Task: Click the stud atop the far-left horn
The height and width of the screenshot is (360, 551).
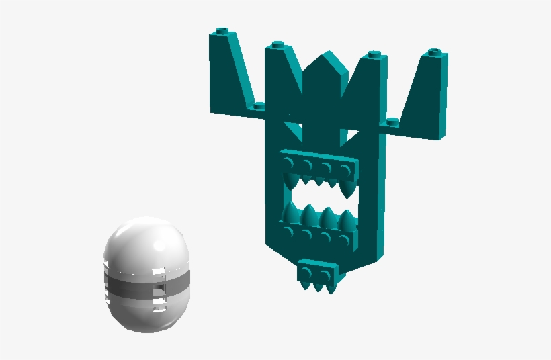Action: pyautogui.click(x=224, y=32)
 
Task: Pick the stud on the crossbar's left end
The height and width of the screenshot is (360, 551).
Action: pyautogui.click(x=257, y=106)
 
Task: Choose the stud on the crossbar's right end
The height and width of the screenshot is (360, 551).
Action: pyautogui.click(x=392, y=122)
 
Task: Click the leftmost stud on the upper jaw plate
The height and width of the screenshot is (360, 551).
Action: pyautogui.click(x=290, y=162)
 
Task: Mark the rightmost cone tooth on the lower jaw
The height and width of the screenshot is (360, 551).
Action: pyautogui.click(x=348, y=221)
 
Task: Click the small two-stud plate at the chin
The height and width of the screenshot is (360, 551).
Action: pyautogui.click(x=317, y=272)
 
